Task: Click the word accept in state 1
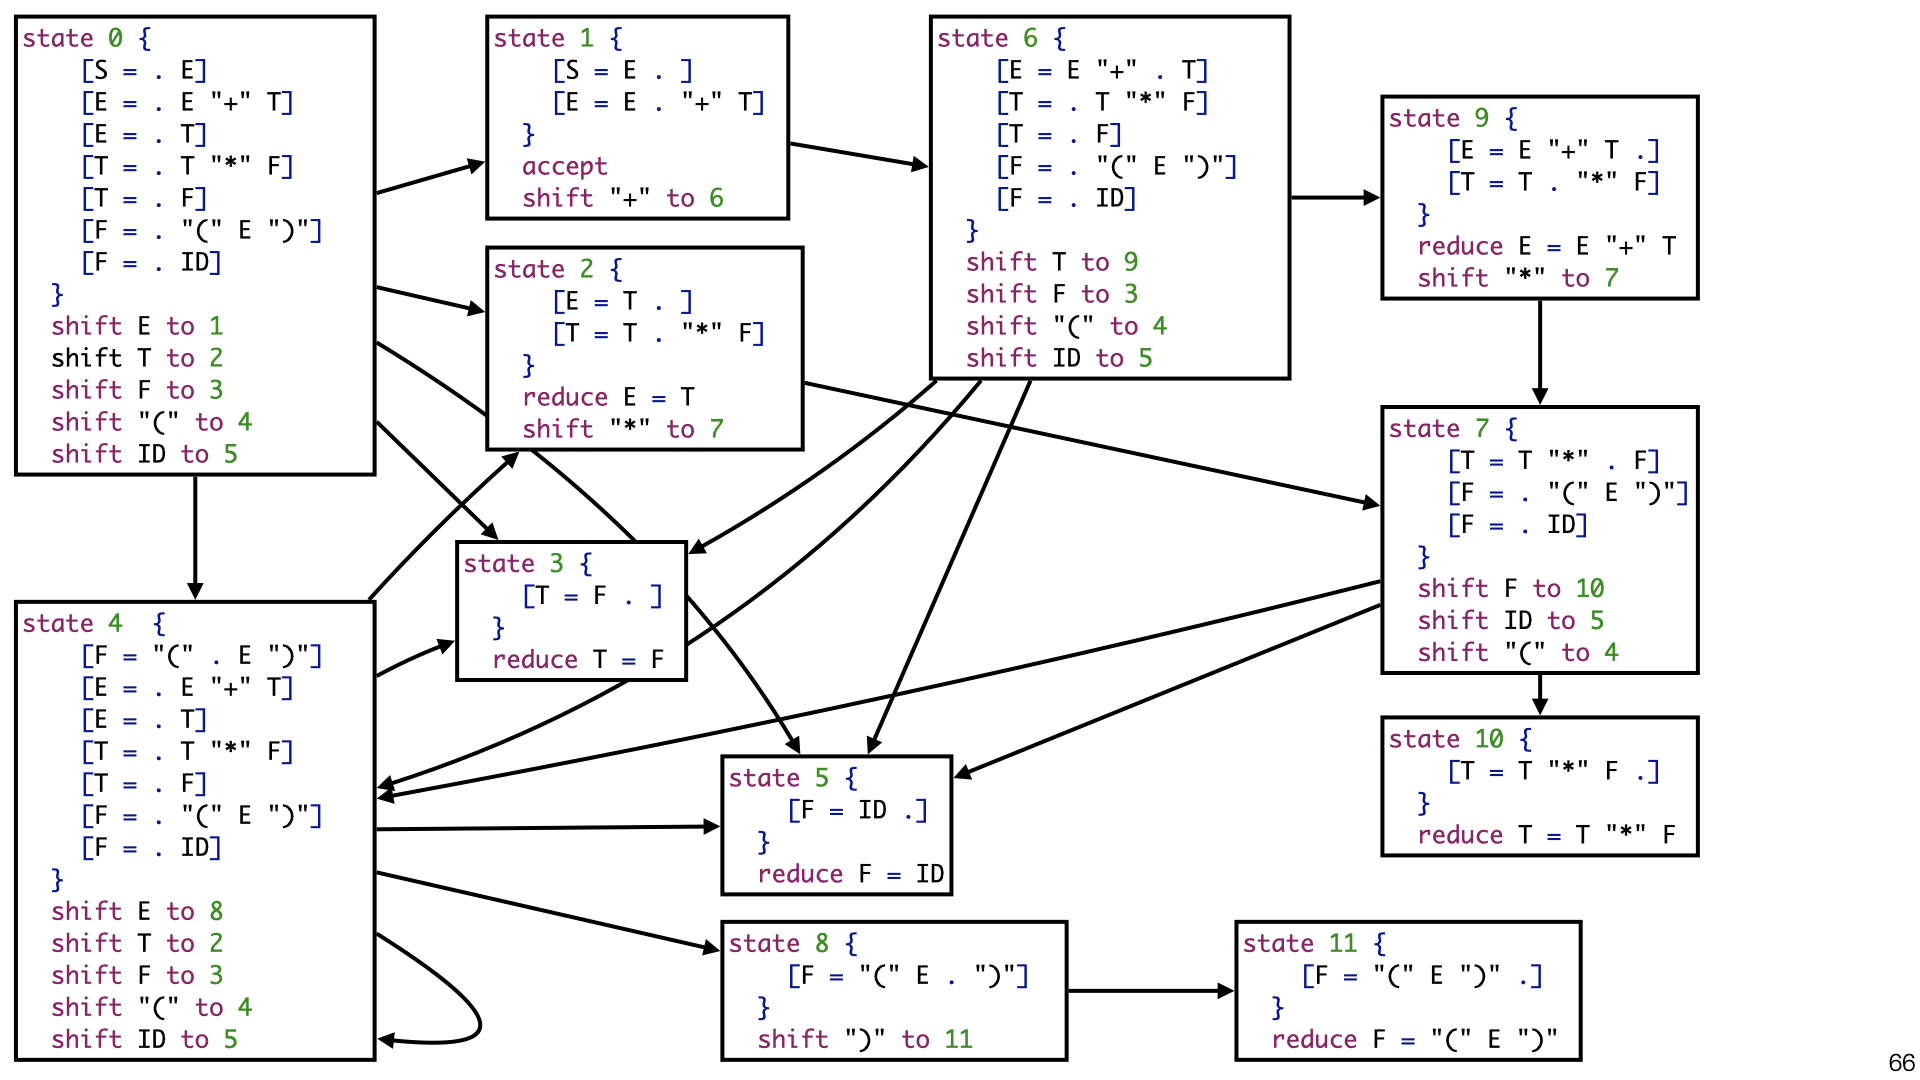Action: pos(564,166)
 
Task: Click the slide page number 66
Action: pos(1901,1062)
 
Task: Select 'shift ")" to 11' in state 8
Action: pos(864,1039)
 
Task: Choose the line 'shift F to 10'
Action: pos(1510,588)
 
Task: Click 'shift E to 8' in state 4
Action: pos(137,911)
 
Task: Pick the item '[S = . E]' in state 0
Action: pos(144,70)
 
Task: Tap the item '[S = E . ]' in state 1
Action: pos(622,70)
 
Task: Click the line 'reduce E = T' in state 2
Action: pos(608,397)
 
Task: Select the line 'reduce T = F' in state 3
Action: pos(578,659)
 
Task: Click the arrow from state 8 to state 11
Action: pos(1150,991)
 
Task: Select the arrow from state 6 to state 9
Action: pos(1335,198)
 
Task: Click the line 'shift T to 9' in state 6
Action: pos(1052,262)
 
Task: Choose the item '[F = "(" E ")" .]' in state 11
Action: pos(1421,975)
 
